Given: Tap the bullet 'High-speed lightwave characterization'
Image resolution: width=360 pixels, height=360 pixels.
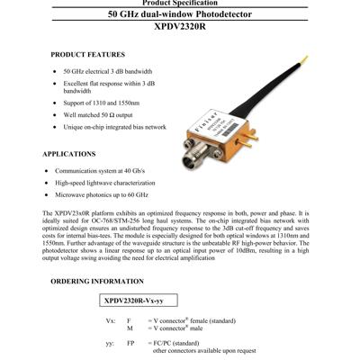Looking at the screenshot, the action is click(109, 182).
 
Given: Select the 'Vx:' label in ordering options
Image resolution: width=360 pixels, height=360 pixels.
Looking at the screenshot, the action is click(111, 320).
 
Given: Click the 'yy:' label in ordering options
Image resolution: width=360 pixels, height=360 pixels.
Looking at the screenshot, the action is click(110, 343).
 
